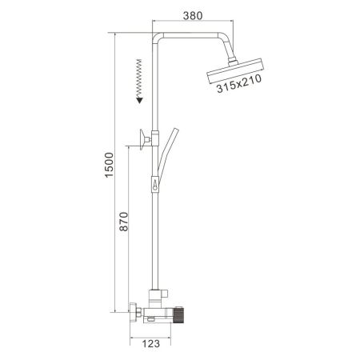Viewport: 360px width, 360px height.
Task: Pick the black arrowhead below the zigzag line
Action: click(x=138, y=99)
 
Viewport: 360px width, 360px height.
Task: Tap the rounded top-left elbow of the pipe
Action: click(x=158, y=37)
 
